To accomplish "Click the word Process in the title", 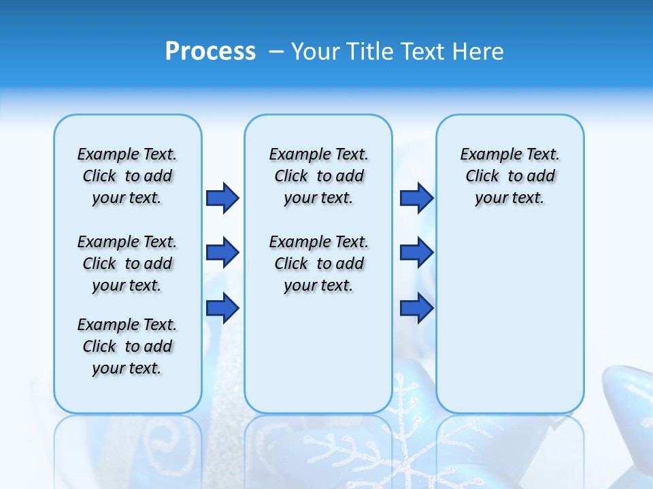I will tap(210, 51).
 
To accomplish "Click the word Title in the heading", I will tap(370, 52).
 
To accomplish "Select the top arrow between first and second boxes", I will tap(222, 198).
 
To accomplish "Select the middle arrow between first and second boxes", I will tap(222, 253).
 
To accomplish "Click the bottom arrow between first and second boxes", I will tap(222, 308).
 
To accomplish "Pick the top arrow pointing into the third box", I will tap(416, 198).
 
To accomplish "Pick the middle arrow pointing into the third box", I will tap(416, 253).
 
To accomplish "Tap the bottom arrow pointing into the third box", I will tap(416, 308).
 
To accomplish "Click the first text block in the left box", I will tap(127, 176).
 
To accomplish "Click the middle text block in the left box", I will tap(127, 264).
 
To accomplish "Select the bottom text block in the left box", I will tap(127, 346).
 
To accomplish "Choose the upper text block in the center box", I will tap(318, 176).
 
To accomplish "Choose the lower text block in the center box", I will tap(318, 264).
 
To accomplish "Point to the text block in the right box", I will tap(509, 176).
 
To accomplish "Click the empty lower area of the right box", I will tap(509, 326).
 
